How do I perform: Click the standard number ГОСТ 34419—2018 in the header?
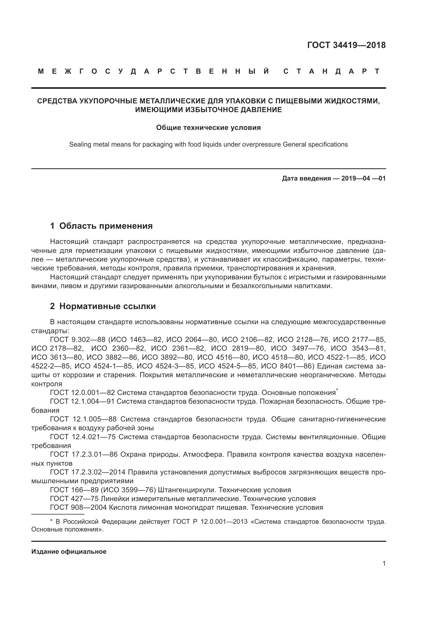[x=346, y=45]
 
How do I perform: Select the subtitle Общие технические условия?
[x=208, y=127]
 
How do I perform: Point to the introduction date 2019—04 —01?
[x=363, y=178]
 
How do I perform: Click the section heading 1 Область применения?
[x=101, y=226]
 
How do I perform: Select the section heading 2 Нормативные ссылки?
[x=103, y=306]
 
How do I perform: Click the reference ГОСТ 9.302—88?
[x=78, y=340]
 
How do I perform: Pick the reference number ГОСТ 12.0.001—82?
[x=83, y=393]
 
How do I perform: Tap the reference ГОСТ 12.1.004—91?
[x=82, y=402]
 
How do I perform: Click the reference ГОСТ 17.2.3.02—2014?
[x=88, y=472]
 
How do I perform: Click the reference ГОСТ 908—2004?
[x=78, y=507]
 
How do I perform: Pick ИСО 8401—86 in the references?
[x=287, y=366]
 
